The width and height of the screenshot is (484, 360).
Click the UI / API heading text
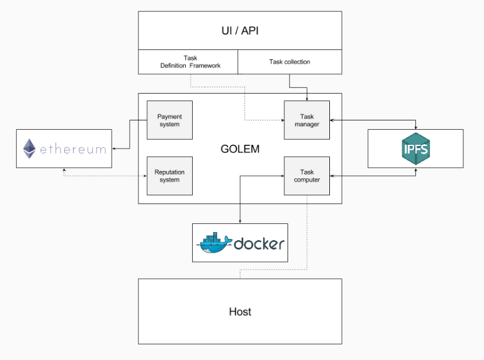pos(240,31)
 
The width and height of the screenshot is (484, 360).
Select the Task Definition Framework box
pos(188,62)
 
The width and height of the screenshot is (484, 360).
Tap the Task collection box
pos(290,62)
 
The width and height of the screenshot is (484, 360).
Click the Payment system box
pos(170,120)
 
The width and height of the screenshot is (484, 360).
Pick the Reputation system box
pos(170,176)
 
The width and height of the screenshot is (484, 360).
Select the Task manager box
pos(307,120)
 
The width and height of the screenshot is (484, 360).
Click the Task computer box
pos(307,176)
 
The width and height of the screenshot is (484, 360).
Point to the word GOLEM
pos(240,149)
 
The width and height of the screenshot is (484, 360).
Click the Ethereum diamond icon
pos(29,148)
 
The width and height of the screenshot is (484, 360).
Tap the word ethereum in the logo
pos(73,150)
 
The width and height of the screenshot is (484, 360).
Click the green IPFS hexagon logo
pos(415,149)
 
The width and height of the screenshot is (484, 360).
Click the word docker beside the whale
pos(259,244)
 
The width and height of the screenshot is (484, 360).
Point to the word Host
pos(240,311)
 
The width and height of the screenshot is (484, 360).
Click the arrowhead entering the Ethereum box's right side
pos(114,148)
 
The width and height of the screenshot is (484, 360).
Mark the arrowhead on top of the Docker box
pos(240,221)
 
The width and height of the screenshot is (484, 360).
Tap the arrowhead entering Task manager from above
pos(307,99)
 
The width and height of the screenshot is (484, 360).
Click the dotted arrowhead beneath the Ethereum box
pos(64,170)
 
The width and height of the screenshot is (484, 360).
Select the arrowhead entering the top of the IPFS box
pos(415,127)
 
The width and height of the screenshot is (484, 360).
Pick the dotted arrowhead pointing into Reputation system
pos(145,176)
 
